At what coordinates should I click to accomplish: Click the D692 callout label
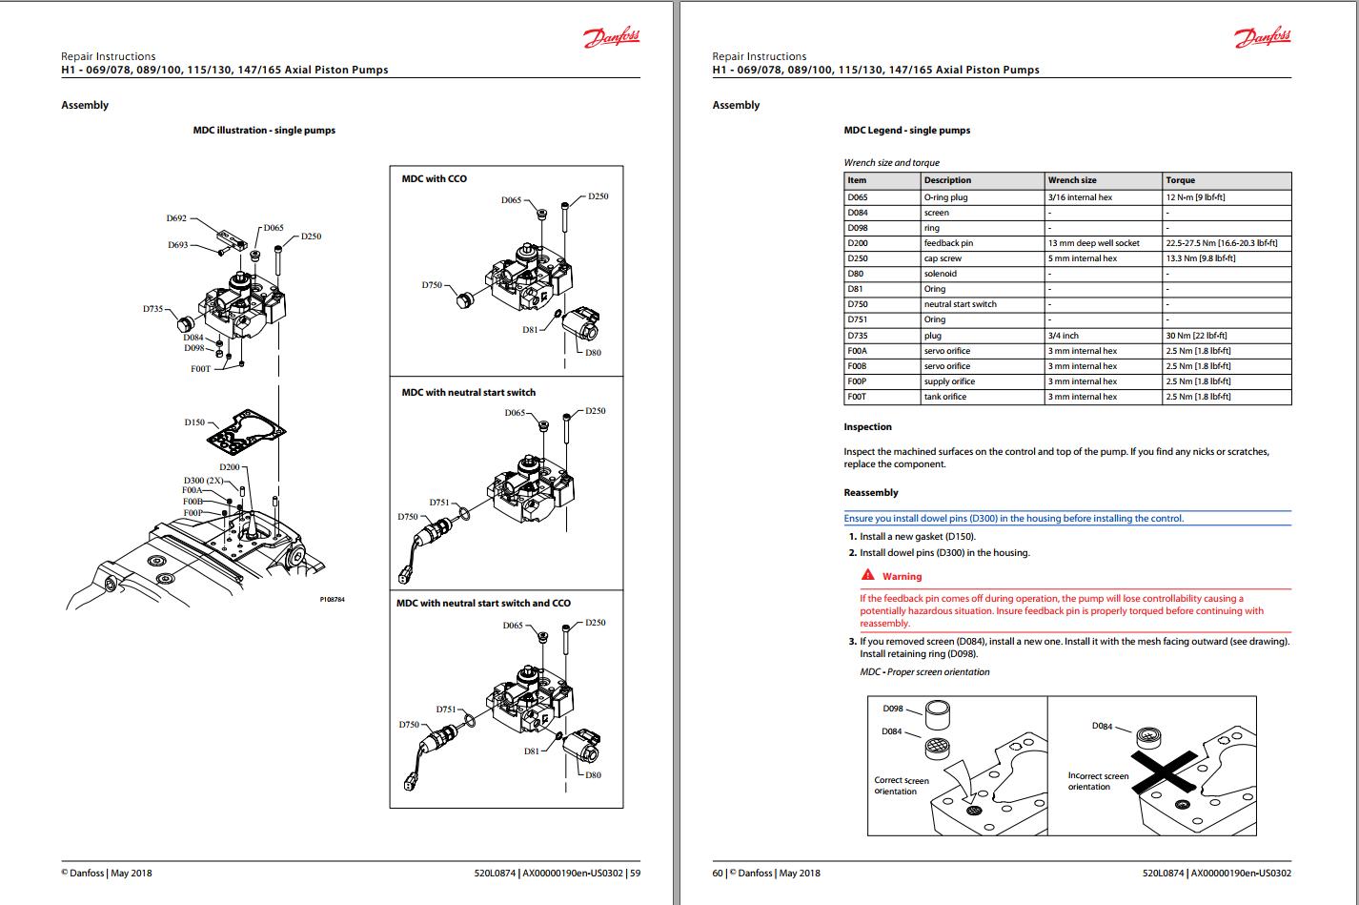pos(176,218)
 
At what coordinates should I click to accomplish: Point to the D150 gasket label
pos(194,422)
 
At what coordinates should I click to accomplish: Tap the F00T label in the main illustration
pos(200,368)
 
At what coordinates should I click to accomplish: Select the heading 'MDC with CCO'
pos(434,178)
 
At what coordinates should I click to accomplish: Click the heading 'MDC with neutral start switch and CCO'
pos(483,603)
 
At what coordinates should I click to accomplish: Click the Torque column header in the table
pos(1180,180)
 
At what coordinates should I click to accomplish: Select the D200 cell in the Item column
pos(858,243)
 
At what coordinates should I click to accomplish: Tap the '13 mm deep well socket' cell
pos(1093,243)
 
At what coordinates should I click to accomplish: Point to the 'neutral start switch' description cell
pos(960,304)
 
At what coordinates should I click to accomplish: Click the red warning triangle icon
pos(867,575)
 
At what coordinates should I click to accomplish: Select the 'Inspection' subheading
pos(867,426)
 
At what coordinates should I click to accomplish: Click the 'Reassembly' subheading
pos(870,493)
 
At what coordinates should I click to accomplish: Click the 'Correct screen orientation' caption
pos(901,786)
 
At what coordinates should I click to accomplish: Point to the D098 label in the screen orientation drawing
pos(892,709)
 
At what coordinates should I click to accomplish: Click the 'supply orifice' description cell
pos(949,381)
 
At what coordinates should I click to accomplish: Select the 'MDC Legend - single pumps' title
pos(906,131)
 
